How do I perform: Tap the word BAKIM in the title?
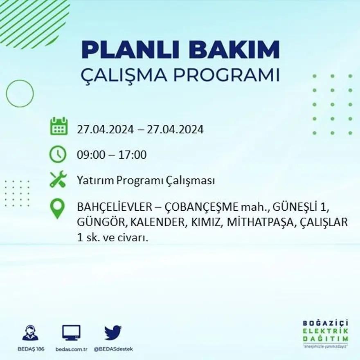point(231,50)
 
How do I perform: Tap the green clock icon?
point(58,154)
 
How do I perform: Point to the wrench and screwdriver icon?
point(58,180)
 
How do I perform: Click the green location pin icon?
point(58,208)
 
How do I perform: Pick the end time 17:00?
point(133,155)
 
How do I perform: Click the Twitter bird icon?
point(113,333)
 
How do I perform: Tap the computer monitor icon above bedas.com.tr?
point(71,333)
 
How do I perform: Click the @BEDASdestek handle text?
point(113,349)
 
